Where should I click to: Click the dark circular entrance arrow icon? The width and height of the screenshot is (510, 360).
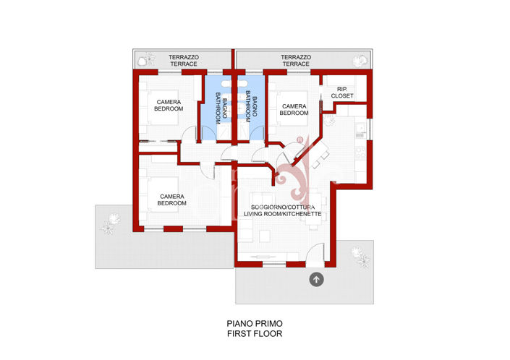click(316, 279)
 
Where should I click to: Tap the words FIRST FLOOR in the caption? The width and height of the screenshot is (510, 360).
click(254, 334)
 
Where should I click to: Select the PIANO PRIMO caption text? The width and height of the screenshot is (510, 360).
click(254, 324)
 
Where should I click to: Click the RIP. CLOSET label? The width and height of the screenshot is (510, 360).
click(342, 93)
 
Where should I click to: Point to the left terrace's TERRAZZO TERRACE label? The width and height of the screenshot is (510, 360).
click(183, 60)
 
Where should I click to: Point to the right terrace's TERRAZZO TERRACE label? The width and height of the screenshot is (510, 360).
click(295, 60)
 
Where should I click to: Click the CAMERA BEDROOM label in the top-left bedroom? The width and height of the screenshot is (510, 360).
click(169, 105)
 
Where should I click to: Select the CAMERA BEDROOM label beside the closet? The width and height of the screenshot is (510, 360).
click(294, 109)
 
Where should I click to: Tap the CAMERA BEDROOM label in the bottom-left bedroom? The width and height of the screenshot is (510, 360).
click(171, 200)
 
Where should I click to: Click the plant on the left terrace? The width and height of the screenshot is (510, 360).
click(149, 59)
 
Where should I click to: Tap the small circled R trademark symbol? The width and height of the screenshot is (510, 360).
click(299, 140)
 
